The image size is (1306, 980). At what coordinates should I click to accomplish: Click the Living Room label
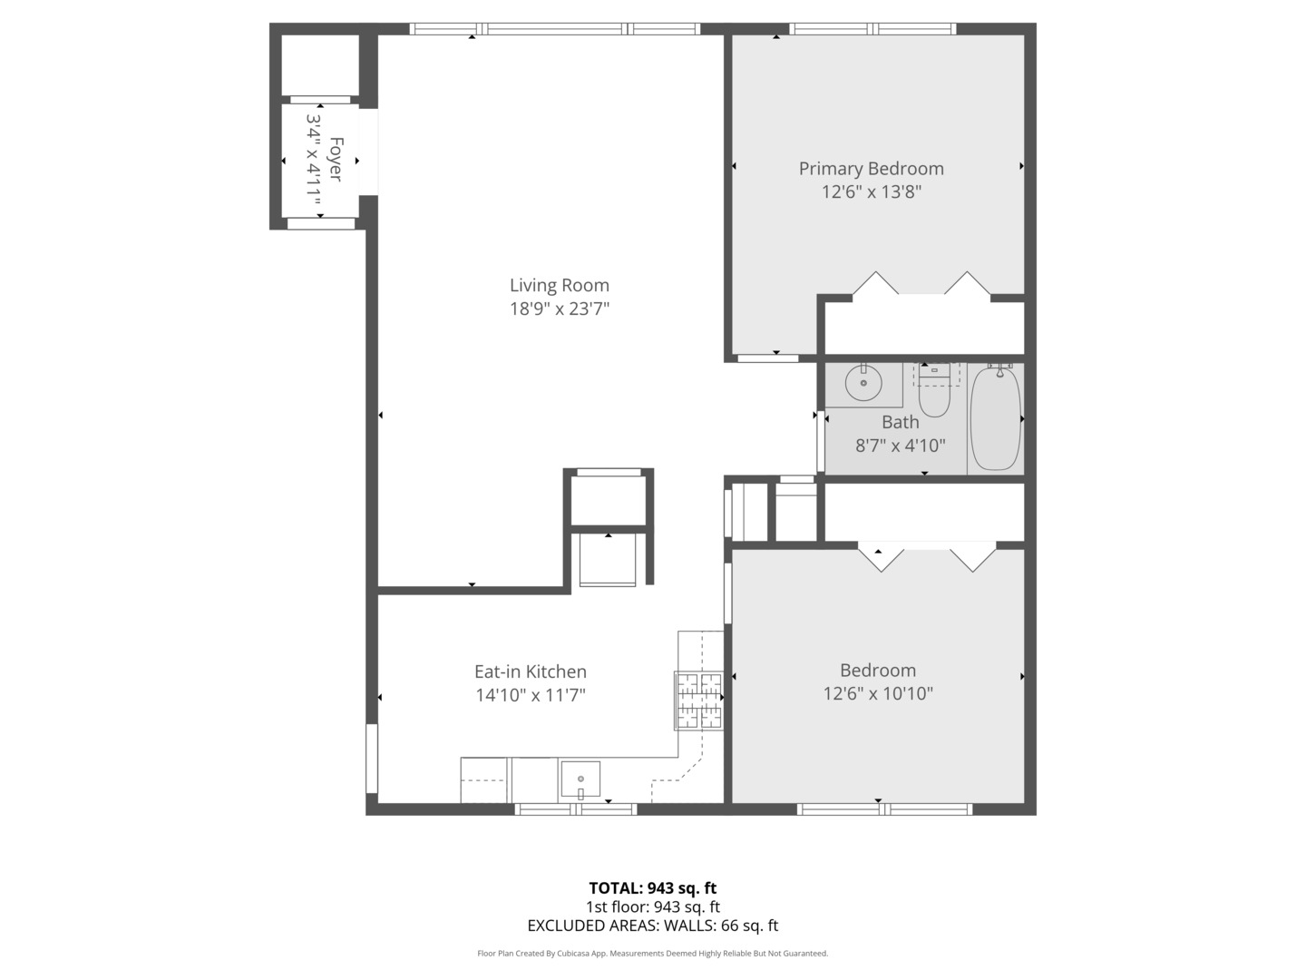(x=559, y=285)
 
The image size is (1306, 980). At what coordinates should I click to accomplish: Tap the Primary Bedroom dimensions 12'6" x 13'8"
(x=871, y=192)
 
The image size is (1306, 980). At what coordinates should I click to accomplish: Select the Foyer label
(x=336, y=160)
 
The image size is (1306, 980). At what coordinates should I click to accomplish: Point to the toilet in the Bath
(x=933, y=394)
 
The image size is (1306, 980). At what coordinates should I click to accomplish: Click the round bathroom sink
(x=863, y=383)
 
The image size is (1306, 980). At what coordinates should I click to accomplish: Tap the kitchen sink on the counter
(x=580, y=779)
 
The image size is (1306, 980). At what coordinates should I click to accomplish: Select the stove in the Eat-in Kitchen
(x=698, y=701)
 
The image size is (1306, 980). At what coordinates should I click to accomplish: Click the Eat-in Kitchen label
(x=531, y=671)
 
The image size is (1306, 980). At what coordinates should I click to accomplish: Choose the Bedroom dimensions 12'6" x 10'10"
(x=878, y=694)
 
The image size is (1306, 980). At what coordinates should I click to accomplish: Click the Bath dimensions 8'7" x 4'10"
(x=900, y=446)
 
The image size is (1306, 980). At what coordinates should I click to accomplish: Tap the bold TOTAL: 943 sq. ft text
(x=652, y=888)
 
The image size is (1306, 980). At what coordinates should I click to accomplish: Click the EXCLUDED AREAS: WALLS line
(x=652, y=926)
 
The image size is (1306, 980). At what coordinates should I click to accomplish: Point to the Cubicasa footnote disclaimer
(x=652, y=954)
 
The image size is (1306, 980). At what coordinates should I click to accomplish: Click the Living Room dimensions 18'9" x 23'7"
(x=559, y=309)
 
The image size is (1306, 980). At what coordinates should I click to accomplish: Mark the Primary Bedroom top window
(x=872, y=29)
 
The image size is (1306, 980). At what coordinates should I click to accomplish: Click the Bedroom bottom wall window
(x=884, y=809)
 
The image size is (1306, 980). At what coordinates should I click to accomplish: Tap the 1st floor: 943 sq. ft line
(x=652, y=906)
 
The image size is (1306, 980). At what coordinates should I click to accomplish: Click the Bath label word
(x=900, y=422)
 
